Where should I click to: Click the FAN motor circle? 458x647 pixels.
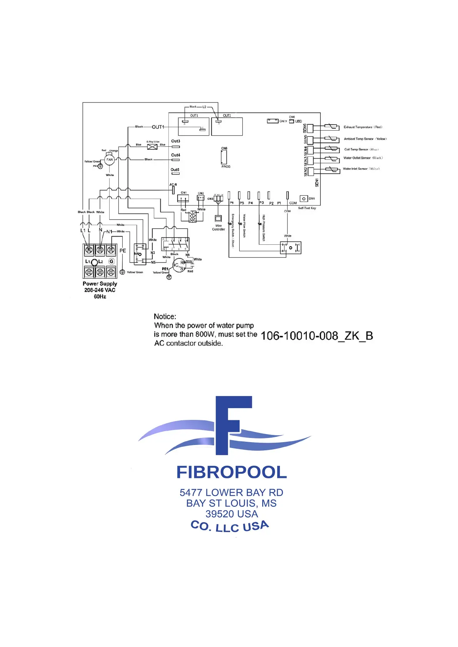point(110,159)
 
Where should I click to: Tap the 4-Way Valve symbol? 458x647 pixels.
point(152,147)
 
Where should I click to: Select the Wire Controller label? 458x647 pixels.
point(218,227)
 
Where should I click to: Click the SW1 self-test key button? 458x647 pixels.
point(304,199)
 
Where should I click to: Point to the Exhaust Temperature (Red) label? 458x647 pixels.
point(363,127)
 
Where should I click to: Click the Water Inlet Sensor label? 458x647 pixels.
point(361,169)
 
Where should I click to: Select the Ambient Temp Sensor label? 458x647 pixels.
point(365,139)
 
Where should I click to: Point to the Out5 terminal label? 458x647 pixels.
point(175,169)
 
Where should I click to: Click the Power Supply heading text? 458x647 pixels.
point(100,284)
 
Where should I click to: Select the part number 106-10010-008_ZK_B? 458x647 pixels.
point(316,336)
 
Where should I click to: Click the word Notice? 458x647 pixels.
point(165,317)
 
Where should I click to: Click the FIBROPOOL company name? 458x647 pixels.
point(231,472)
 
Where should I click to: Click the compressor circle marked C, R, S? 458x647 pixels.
point(179,265)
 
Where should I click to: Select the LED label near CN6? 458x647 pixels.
point(298,121)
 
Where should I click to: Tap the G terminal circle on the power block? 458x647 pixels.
point(112,261)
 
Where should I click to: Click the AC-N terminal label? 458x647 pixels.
point(173,185)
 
